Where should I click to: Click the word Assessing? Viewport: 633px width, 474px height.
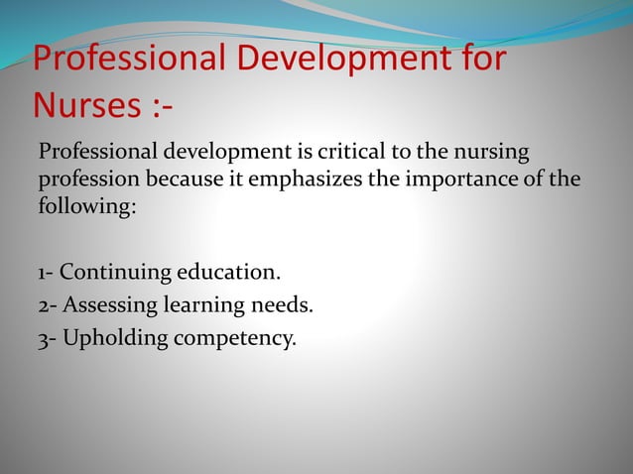[106, 304]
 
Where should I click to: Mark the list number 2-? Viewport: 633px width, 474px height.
[46, 304]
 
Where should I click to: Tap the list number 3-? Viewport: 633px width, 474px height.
[46, 337]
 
